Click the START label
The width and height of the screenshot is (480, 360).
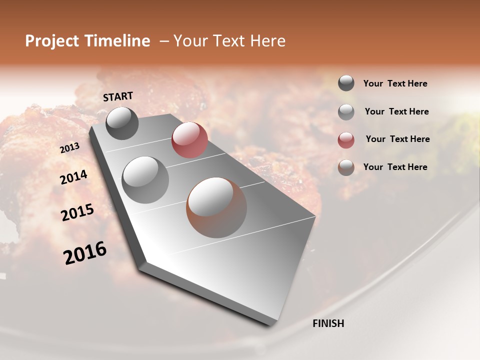click(118, 96)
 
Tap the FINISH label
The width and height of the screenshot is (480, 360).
click(328, 323)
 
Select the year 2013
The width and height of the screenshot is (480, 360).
click(69, 148)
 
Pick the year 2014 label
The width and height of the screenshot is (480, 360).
click(74, 177)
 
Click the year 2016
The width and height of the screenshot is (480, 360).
click(85, 253)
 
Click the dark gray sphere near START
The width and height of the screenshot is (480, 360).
click(122, 123)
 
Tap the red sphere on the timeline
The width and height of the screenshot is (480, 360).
click(189, 139)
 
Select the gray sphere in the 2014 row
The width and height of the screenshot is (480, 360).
click(145, 179)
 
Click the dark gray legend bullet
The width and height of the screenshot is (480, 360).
click(346, 83)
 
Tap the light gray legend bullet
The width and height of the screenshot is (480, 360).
click(346, 111)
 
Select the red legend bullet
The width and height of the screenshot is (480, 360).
click(346, 139)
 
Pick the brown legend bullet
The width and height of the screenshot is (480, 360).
click(346, 167)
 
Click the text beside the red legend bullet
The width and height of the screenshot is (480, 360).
click(397, 139)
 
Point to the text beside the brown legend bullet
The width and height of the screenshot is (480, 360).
click(395, 167)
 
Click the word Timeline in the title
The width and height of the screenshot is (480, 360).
click(117, 41)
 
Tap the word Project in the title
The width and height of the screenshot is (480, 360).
click(52, 41)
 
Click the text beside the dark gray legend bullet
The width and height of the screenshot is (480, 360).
click(395, 83)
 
